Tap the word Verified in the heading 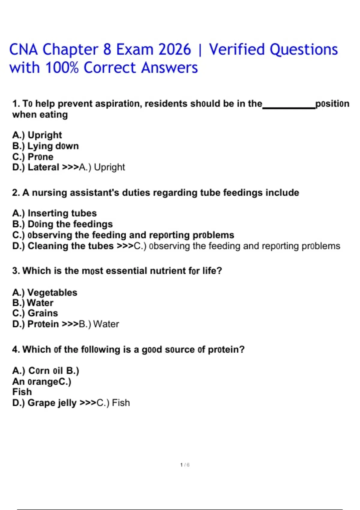[x=237, y=49]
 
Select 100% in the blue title [x=62, y=68]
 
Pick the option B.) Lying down [x=46, y=146]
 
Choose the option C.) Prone [x=33, y=157]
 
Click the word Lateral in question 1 [x=43, y=167]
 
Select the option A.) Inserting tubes [x=55, y=213]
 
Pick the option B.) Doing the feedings [x=63, y=224]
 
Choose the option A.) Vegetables [x=45, y=292]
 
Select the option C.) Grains [x=35, y=313]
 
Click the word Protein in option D [x=43, y=324]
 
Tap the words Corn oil [x=46, y=371]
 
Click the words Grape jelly [x=52, y=403]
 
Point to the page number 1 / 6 [x=185, y=465]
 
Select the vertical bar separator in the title [x=200, y=50]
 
